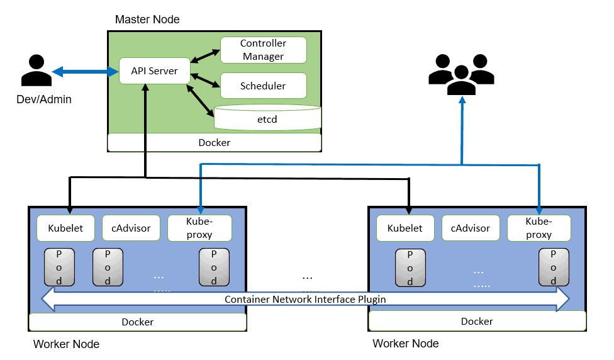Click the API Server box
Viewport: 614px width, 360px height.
click(x=154, y=71)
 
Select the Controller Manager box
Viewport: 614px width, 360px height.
click(x=263, y=50)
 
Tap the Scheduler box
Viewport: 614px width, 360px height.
click(x=263, y=86)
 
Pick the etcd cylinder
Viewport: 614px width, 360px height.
click(x=267, y=118)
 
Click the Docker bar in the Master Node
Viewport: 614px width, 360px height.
click(x=214, y=142)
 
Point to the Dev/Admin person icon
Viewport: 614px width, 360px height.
click(x=36, y=70)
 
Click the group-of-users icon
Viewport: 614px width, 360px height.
click(x=460, y=74)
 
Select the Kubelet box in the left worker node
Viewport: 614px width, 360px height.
click(x=65, y=228)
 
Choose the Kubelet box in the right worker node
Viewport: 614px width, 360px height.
click(x=405, y=228)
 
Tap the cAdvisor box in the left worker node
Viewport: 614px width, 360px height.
click(x=131, y=228)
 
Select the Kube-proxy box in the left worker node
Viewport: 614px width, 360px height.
click(x=199, y=228)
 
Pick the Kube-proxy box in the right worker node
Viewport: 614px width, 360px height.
click(x=539, y=228)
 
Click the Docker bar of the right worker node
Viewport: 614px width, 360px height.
click(x=477, y=321)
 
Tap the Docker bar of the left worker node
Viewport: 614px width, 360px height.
click(x=137, y=322)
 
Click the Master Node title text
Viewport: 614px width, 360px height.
click(x=147, y=20)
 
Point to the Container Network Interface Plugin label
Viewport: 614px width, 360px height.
click(x=305, y=300)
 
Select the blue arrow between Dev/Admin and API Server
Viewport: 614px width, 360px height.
click(x=86, y=72)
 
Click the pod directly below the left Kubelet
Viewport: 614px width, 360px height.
click(x=58, y=267)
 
